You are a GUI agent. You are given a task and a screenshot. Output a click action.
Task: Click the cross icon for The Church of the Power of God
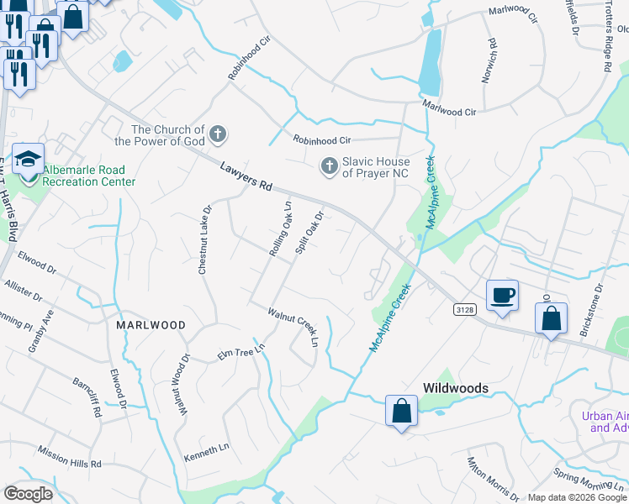point(217,134)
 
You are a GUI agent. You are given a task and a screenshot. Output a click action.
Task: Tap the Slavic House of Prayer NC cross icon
point(329,166)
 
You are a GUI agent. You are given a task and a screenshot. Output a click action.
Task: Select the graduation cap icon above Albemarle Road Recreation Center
point(28,158)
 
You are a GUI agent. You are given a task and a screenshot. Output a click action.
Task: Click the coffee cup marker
point(502,296)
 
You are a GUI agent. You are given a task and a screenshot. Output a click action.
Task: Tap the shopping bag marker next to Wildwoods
point(401,412)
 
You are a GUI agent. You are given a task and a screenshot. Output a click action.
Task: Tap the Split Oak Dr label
point(309,233)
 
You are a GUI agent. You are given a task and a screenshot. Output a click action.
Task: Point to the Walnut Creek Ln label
point(293,327)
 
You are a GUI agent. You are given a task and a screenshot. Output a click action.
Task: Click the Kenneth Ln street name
point(206,454)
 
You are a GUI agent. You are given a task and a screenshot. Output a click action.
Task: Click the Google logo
point(28,493)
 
